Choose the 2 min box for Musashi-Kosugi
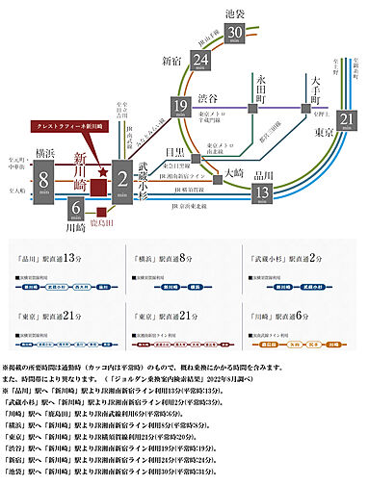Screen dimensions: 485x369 122,176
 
